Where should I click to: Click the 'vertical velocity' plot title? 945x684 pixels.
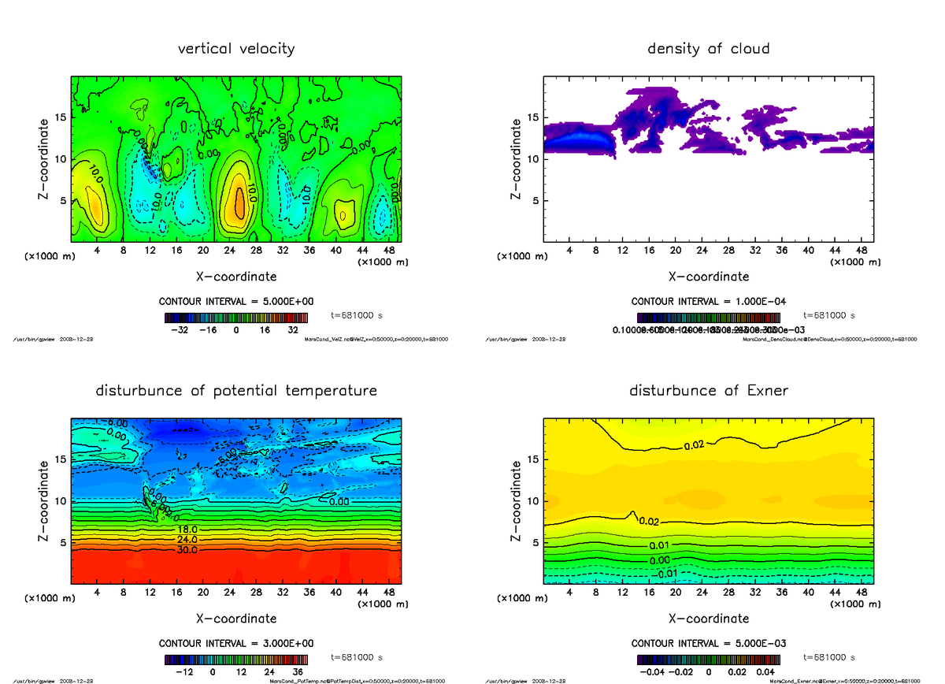coord(236,49)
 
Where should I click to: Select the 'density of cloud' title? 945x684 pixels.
coord(708,49)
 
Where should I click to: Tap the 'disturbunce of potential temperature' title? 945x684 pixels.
coord(236,391)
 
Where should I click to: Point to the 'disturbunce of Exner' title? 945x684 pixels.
coord(708,391)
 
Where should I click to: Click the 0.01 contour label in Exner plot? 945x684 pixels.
coord(660,546)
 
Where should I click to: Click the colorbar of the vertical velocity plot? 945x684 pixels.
coord(237,317)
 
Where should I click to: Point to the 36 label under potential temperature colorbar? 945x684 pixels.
coord(299,672)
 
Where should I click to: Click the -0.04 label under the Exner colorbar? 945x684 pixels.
coord(655,672)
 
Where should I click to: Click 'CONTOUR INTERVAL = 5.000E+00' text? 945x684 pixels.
coord(236,302)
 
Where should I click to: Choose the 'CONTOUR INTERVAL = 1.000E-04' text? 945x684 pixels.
coord(708,302)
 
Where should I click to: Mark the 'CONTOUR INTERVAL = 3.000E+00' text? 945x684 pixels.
coord(236,644)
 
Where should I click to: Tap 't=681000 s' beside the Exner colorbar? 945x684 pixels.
coord(829,657)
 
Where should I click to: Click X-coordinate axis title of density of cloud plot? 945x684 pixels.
coord(708,277)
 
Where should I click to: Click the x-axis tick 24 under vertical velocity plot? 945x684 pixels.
coord(229,250)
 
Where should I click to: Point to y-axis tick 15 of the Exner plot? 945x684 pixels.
coord(533,459)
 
